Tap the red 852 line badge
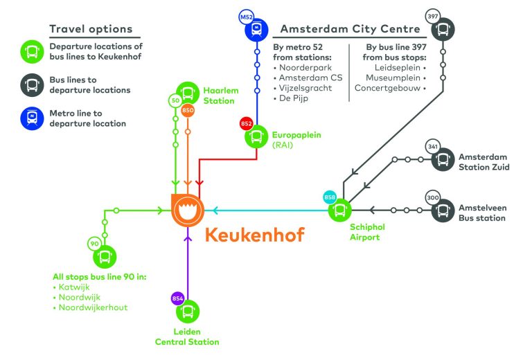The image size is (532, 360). point(247,123)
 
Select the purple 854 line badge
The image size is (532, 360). point(177,298)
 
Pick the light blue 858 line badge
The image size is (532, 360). point(330,197)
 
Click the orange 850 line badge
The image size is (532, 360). point(188,109)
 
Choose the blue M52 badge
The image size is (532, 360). point(246,15)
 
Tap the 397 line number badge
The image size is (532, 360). point(433,15)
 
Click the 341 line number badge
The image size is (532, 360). point(433,147)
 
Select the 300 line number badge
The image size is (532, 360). point(433,197)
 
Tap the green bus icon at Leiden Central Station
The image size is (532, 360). point(188,311)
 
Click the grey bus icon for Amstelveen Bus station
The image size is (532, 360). point(443,210)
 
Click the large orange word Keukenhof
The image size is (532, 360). point(254,235)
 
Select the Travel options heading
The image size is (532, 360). point(91,30)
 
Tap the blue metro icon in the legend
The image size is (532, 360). point(32,118)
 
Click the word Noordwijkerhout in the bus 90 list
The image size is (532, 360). point(93,307)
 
